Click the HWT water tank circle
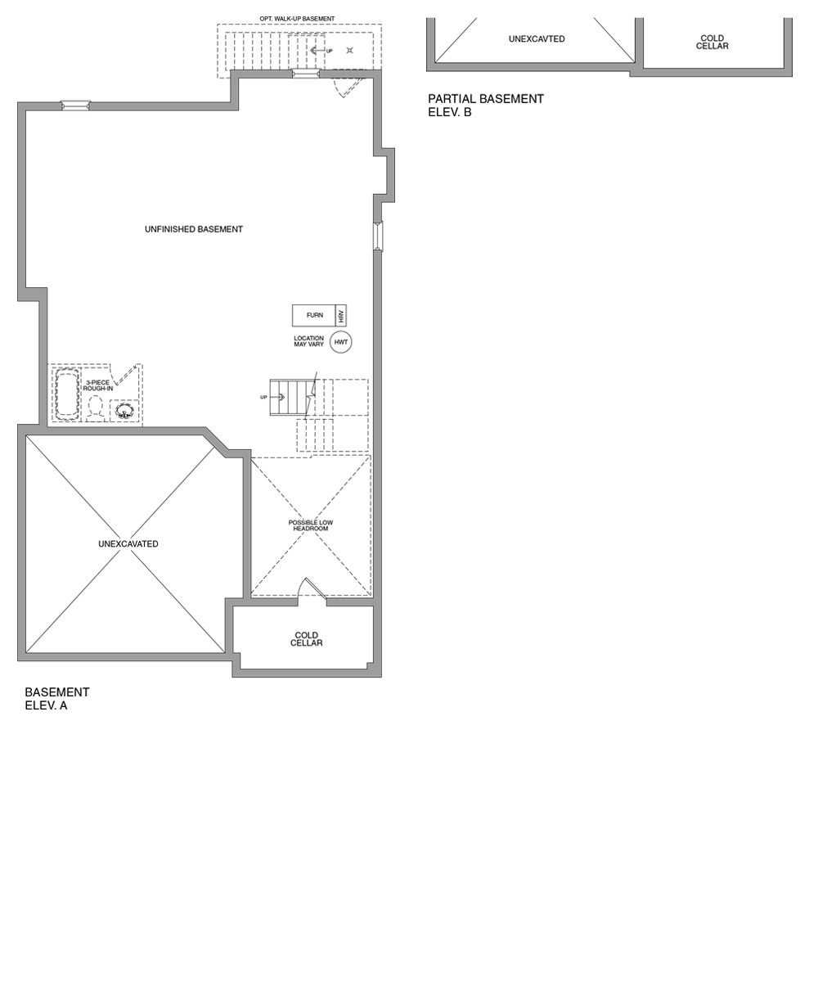pos(341,342)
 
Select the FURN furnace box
pos(314,315)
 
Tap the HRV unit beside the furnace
pos(341,315)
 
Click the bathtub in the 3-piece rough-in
pos(67,394)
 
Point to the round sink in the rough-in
pos(124,411)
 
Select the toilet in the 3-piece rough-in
pos(96,407)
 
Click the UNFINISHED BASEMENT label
pos(194,229)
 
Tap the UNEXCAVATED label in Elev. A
pos(128,544)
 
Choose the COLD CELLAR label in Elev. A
pos(307,639)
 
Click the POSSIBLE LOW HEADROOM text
pos(311,525)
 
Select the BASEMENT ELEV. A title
pos(57,699)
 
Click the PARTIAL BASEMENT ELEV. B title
pos(485,106)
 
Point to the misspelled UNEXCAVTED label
pos(537,39)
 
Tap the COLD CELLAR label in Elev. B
pos(712,43)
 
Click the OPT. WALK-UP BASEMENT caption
pos(297,19)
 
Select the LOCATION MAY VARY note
pos(309,341)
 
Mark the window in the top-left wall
pos(75,106)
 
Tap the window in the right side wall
pos(378,236)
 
